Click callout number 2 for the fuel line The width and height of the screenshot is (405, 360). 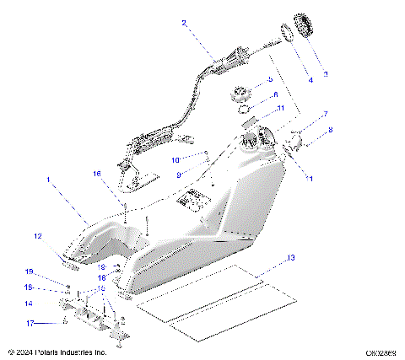(x=184, y=24)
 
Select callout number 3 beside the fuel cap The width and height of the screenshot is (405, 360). (x=327, y=74)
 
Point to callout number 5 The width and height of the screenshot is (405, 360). (x=270, y=80)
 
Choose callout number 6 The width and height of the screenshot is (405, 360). (x=274, y=94)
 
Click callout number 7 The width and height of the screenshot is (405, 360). (x=325, y=114)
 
